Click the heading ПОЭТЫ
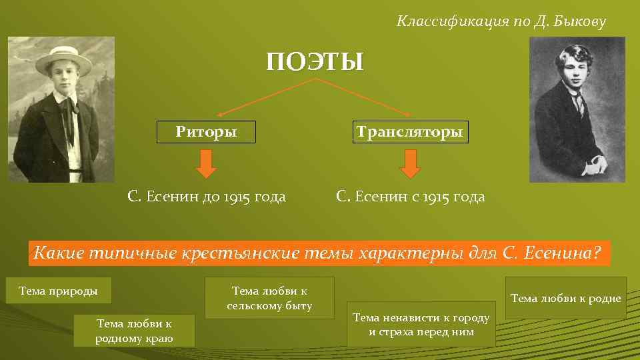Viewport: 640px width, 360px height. pos(315,62)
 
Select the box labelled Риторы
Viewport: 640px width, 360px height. pos(206,131)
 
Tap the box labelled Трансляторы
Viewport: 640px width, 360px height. pos(409,131)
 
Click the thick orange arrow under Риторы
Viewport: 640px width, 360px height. pos(207,164)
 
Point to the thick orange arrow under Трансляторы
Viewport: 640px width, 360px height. pos(410,164)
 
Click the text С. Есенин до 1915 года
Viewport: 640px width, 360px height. pos(207,197)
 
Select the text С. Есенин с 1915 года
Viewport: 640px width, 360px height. pos(411,197)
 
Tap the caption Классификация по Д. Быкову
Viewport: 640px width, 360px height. pos(501,22)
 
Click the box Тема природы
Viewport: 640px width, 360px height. pos(59,291)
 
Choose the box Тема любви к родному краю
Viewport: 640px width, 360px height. pos(134,331)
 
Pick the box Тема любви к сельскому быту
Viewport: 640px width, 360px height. pos(269,298)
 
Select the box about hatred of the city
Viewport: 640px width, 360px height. pos(421,324)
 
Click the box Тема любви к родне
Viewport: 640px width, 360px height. pos(565,298)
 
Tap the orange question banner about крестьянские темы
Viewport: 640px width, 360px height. pos(319,253)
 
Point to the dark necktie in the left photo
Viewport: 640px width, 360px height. pos(69,120)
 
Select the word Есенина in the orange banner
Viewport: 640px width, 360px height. pos(569,253)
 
